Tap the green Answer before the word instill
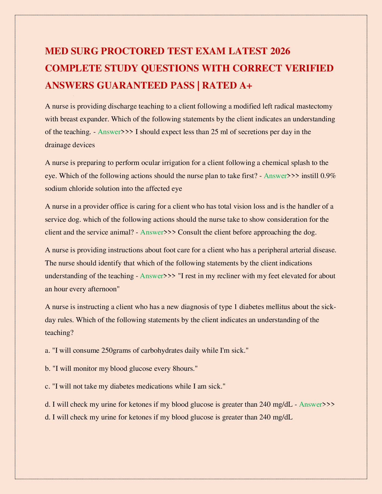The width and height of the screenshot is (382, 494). pyautogui.click(x=275, y=175)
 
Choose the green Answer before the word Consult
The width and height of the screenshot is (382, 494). pyautogui.click(x=152, y=232)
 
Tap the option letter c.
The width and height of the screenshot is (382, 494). pyautogui.click(x=47, y=386)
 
